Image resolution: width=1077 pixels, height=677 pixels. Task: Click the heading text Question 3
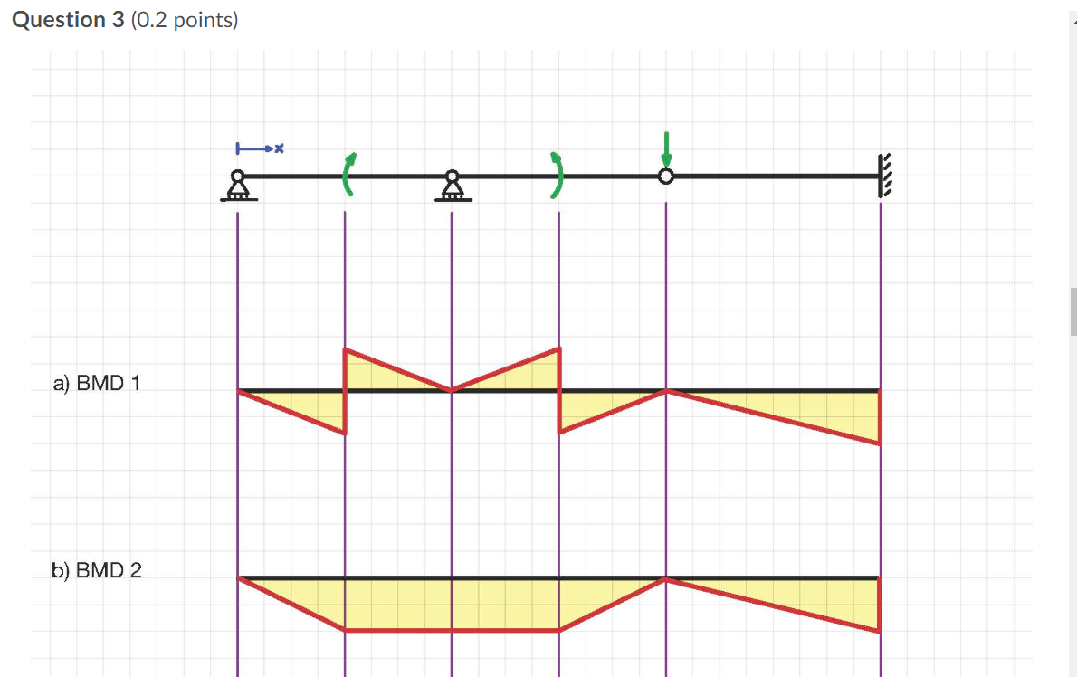pos(69,20)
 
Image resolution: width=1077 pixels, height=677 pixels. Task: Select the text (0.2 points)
pos(185,20)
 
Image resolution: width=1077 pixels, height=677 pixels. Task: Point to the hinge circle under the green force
pos(666,176)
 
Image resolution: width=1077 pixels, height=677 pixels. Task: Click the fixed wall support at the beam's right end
pos(883,176)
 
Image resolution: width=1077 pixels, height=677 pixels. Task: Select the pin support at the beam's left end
pos(237,186)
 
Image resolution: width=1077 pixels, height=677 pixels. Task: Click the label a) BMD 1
pos(96,384)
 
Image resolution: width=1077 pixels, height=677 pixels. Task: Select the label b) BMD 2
pos(96,570)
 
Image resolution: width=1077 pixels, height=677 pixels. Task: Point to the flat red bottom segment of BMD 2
pos(452,630)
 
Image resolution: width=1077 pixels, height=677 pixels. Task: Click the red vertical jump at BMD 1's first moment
pos(345,391)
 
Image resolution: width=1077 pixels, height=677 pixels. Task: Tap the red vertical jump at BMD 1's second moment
pos(558,391)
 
